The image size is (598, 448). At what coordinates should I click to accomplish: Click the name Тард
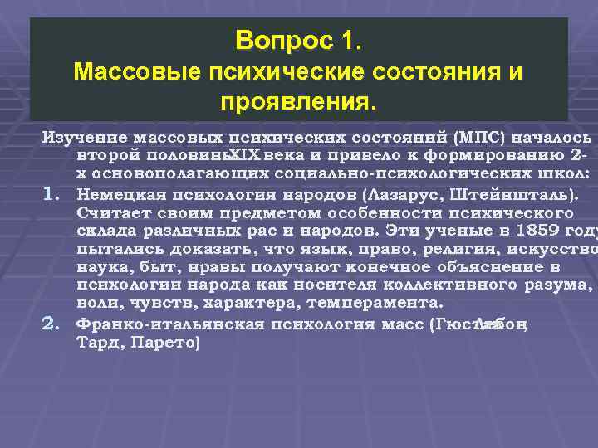(96, 339)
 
